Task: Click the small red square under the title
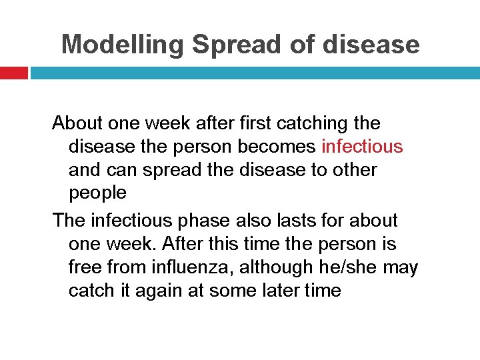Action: pyautogui.click(x=13, y=73)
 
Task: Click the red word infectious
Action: pyautogui.click(x=362, y=147)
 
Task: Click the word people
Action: pyautogui.click(x=97, y=193)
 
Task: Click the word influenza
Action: pyautogui.click(x=192, y=267)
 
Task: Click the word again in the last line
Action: pyautogui.click(x=166, y=291)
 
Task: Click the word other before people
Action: pyautogui.click(x=355, y=170)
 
